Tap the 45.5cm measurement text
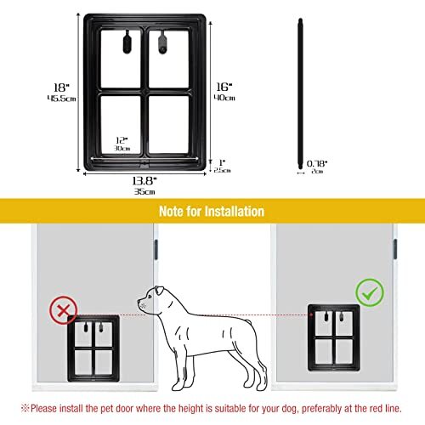[x=58, y=99]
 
